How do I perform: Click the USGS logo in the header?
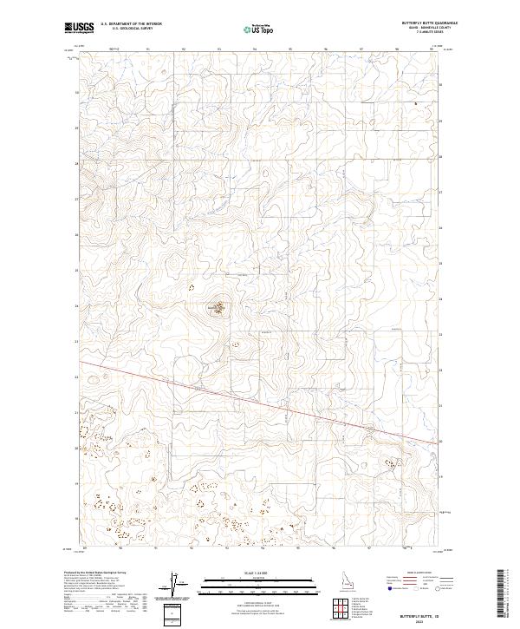click(x=80, y=28)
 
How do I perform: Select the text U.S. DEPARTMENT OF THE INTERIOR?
click(x=131, y=24)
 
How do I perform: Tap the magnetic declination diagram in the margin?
click(x=173, y=586)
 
